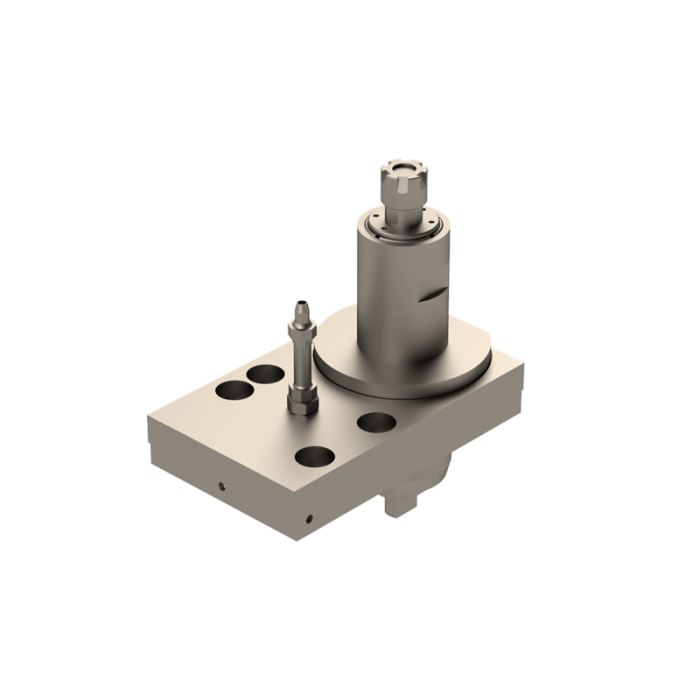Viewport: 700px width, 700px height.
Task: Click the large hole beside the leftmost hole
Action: [265, 374]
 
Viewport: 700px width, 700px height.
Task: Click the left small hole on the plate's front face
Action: [221, 488]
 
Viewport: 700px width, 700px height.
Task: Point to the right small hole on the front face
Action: [309, 519]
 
